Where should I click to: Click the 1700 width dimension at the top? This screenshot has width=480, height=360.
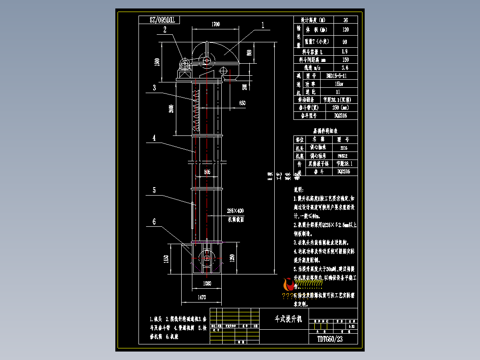(x=216, y=25)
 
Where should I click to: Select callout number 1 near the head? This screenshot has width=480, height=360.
(x=263, y=25)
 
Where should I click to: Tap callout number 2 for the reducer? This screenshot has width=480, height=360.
(x=165, y=30)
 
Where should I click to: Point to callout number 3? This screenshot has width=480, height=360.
(x=155, y=88)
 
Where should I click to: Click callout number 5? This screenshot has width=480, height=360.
(x=154, y=190)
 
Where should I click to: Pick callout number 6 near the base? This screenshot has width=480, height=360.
(x=154, y=221)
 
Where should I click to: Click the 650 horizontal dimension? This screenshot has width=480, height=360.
(x=242, y=103)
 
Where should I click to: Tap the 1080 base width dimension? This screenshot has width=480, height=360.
(x=207, y=283)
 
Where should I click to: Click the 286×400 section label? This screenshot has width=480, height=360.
(x=236, y=210)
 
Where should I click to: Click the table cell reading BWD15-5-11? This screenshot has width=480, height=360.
(x=337, y=76)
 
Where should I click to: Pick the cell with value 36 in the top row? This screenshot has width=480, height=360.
(x=345, y=20)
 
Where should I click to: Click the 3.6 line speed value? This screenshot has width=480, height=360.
(x=345, y=68)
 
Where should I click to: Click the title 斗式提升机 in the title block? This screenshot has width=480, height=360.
(x=288, y=319)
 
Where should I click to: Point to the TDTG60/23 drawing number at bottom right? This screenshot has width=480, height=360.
(x=330, y=339)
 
